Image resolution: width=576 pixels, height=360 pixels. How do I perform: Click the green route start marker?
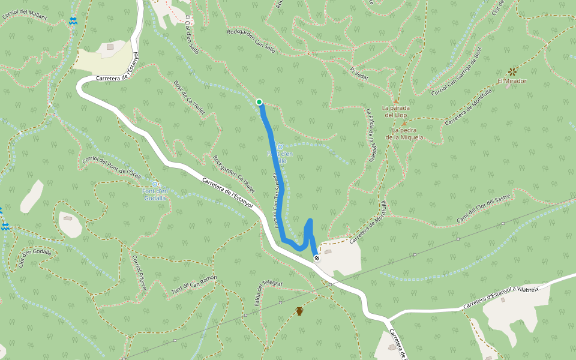pyautogui.click(x=259, y=102)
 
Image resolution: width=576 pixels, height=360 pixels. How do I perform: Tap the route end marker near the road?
pyautogui.click(x=317, y=258)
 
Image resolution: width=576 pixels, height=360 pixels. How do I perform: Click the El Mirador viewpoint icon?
pyautogui.click(x=512, y=71)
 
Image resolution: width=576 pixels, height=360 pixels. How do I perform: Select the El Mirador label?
pyautogui.click(x=512, y=81)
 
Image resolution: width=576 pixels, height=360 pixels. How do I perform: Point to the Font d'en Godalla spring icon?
pyautogui.click(x=155, y=184)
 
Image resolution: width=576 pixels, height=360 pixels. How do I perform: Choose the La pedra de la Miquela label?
pyautogui.click(x=404, y=134)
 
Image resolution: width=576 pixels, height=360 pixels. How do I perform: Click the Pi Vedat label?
pyautogui.click(x=359, y=73)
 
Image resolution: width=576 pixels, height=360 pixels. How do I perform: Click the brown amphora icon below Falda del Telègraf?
pyautogui.click(x=299, y=311)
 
